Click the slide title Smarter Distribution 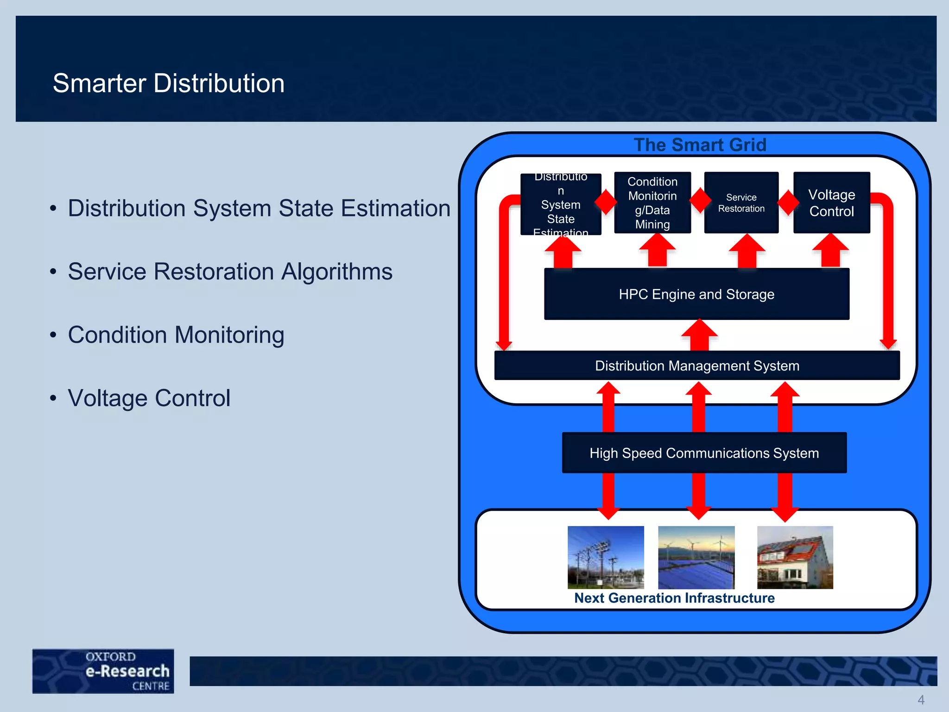pos(168,83)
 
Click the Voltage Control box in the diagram pos(831,203)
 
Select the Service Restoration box pos(741,203)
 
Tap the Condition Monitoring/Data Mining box pos(652,203)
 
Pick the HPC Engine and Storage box pos(696,294)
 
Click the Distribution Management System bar pos(696,366)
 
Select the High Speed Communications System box pos(704,453)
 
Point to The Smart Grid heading pos(700,145)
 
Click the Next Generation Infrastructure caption pos(674,598)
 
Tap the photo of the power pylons pos(606,557)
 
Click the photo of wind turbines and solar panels pos(696,557)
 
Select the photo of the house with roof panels pos(795,557)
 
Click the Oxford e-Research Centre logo pos(103,671)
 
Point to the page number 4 pos(921,699)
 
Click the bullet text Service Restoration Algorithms pos(230,272)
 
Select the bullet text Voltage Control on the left pos(149,398)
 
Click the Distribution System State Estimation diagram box pos(561,204)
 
